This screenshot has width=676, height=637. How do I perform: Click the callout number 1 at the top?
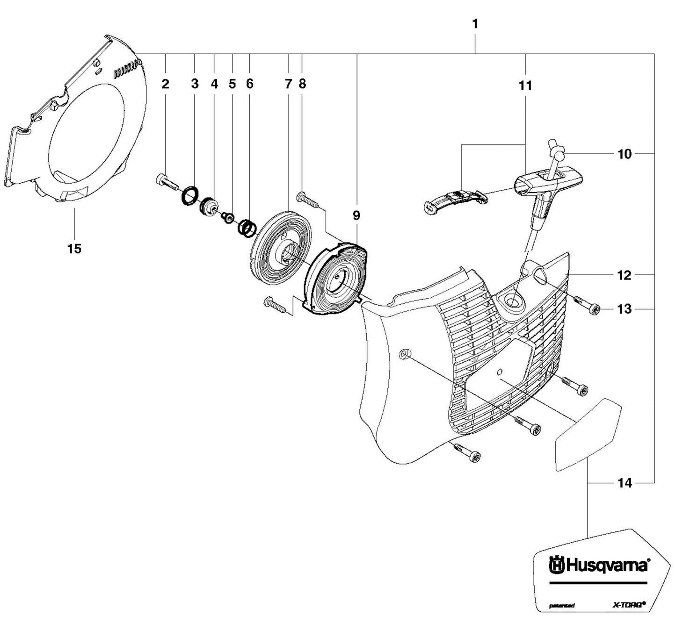(x=475, y=24)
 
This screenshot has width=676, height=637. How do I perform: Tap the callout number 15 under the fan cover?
(x=74, y=249)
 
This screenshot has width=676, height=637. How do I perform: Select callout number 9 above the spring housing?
(x=356, y=215)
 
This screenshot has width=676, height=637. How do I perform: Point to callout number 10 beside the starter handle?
(x=625, y=154)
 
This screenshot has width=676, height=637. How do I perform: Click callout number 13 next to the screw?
(x=625, y=309)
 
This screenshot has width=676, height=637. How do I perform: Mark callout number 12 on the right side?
(x=625, y=275)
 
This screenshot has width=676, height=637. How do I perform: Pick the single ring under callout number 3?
(x=190, y=195)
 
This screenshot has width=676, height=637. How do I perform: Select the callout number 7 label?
(x=288, y=84)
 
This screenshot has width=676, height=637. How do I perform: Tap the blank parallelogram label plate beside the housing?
(x=587, y=435)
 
